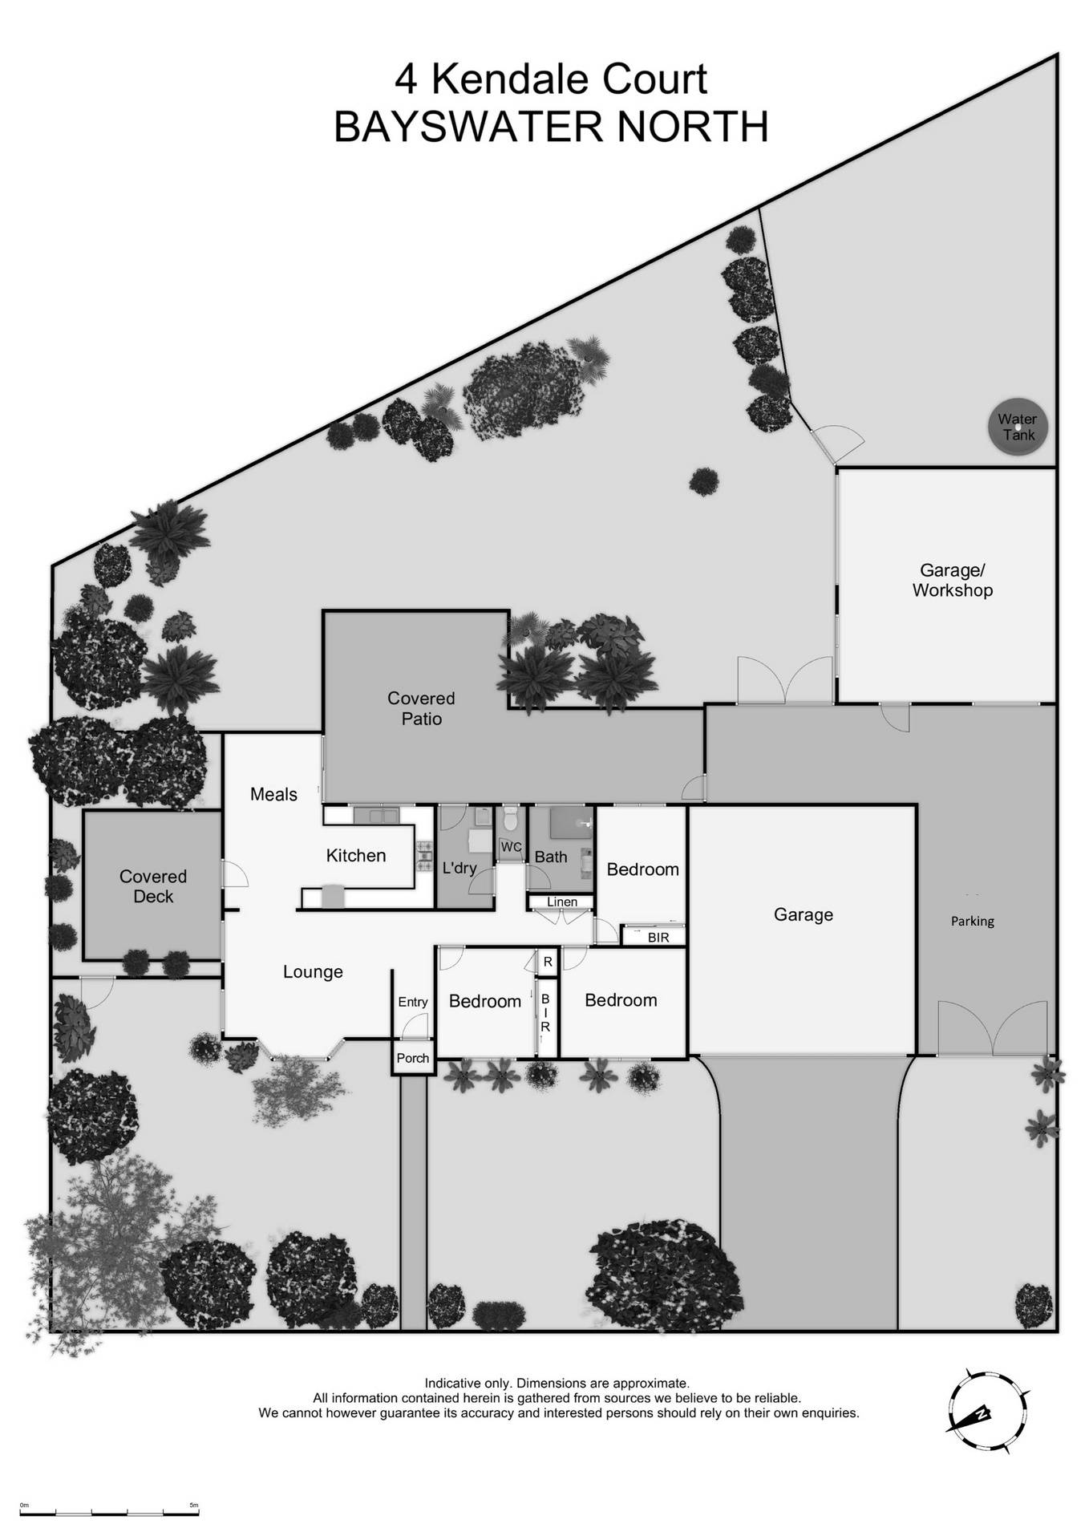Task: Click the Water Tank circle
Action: pos(1018,428)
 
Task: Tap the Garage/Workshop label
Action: pos(952,580)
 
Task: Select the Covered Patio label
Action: pos(421,708)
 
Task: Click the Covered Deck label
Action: pos(152,886)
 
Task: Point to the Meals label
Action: pos(273,794)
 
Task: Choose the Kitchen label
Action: pos(356,855)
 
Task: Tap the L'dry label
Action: pos(459,867)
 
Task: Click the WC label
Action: pos(511,847)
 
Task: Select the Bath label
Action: pos(551,857)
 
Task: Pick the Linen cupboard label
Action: pos(561,902)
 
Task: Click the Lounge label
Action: pos(313,971)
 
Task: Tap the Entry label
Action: pos(413,1002)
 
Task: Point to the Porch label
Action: pos(413,1058)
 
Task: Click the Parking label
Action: pos(972,922)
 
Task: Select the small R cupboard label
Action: pos(549,962)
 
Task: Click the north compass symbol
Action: pos(987,1412)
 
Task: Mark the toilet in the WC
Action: pos(510,820)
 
